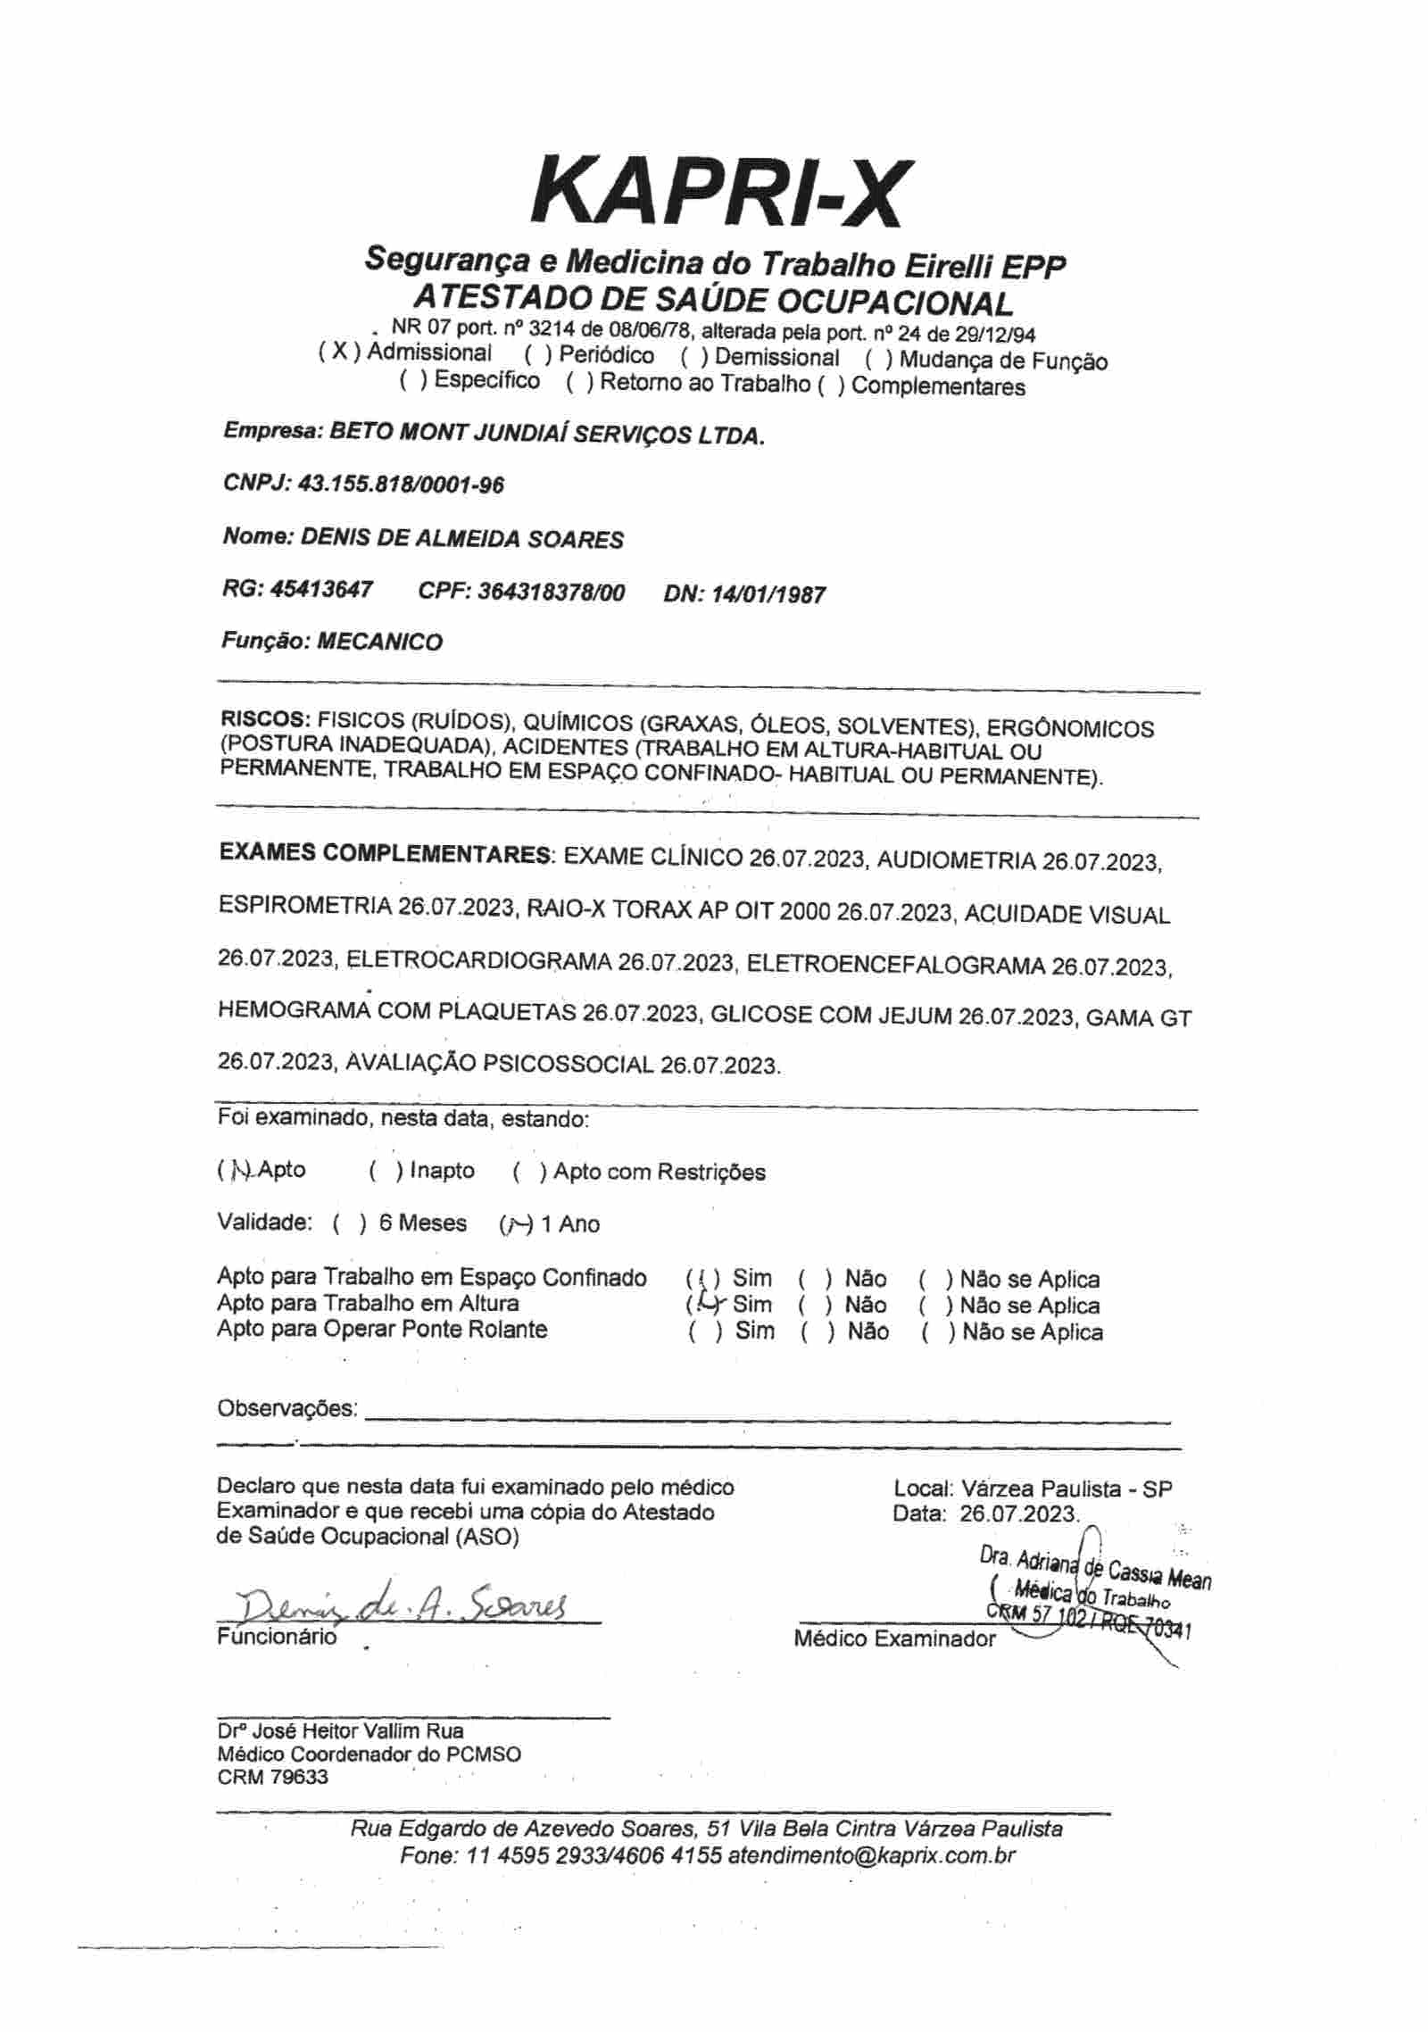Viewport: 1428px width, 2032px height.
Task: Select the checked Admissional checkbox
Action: [x=339, y=352]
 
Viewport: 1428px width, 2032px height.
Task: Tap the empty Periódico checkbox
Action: [x=539, y=355]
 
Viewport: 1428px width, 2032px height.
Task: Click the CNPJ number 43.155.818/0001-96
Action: [x=401, y=485]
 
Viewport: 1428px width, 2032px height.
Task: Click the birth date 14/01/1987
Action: [x=768, y=594]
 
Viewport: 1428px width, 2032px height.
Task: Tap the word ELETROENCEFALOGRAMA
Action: [x=895, y=965]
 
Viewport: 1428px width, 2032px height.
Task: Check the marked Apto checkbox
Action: [x=237, y=1171]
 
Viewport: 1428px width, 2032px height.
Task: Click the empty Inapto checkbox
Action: [x=387, y=1171]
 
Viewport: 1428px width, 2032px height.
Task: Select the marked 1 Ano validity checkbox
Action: [x=517, y=1223]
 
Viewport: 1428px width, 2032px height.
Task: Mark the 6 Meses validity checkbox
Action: [x=350, y=1223]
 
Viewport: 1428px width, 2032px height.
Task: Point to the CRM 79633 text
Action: [x=273, y=1777]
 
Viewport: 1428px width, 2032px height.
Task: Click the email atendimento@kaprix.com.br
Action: [x=871, y=1855]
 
